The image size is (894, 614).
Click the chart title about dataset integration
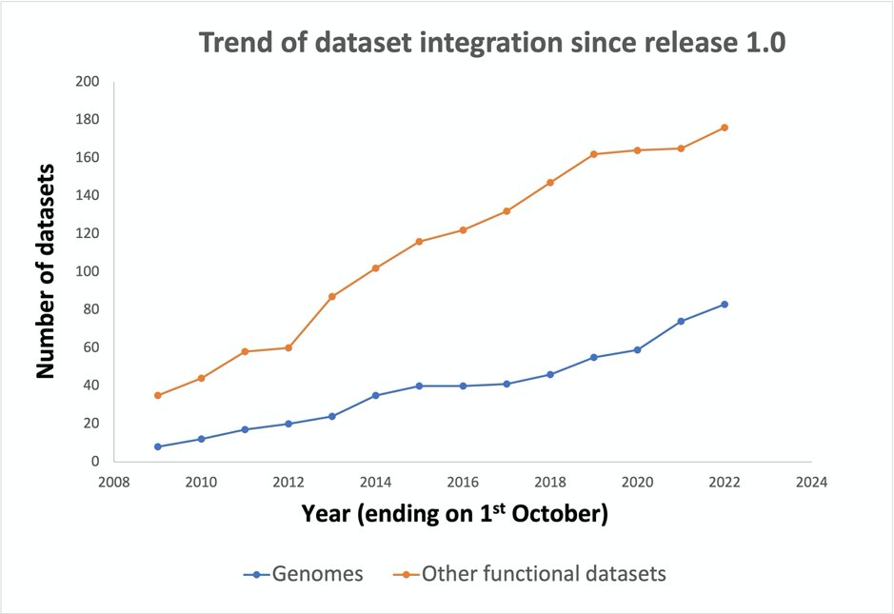click(491, 44)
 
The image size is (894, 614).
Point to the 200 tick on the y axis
click(88, 82)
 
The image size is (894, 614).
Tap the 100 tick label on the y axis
click(88, 271)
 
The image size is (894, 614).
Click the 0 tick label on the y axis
click(94, 462)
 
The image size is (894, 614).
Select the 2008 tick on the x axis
click(113, 483)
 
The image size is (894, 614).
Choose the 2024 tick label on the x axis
click(812, 483)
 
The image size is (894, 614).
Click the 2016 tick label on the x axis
click(463, 483)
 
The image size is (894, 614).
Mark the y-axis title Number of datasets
click(45, 271)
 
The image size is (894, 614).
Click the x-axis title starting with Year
click(455, 514)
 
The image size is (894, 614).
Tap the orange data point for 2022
click(725, 128)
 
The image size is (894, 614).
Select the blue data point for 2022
click(725, 304)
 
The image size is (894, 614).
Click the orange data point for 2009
click(157, 395)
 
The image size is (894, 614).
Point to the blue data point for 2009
click(157, 446)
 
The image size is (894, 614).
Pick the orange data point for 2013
click(331, 296)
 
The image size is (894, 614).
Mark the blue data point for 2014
click(375, 395)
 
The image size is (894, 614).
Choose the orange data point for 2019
click(593, 154)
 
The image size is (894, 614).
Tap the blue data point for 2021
click(681, 321)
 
